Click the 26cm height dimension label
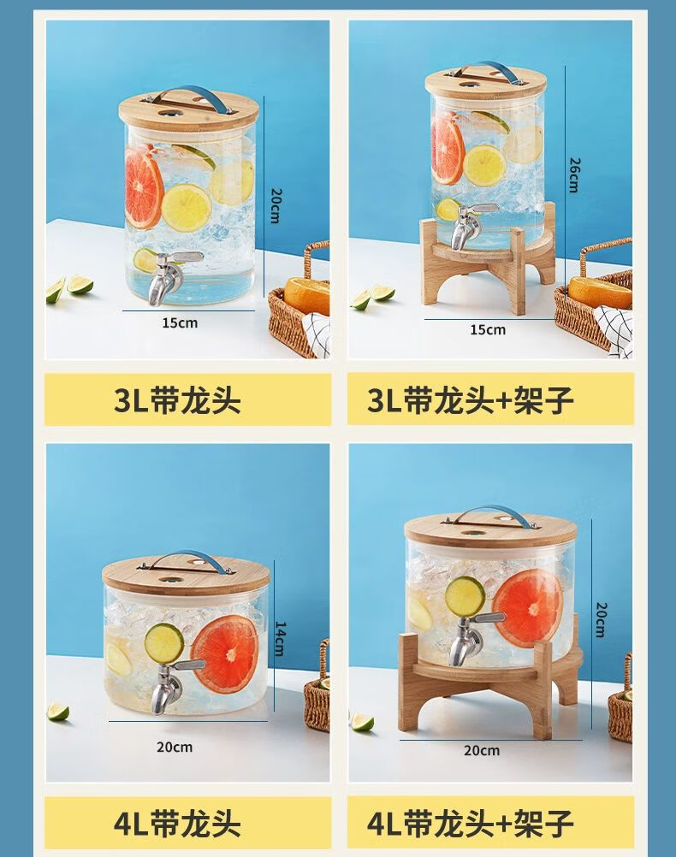573,174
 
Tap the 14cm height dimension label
280,638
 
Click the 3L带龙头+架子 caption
471,400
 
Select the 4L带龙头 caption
177,823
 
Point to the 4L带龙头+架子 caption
471,823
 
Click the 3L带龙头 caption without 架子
177,400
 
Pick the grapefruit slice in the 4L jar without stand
225,654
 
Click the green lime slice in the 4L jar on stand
465,595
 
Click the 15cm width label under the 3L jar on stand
487,329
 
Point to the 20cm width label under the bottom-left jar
175,747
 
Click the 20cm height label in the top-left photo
276,206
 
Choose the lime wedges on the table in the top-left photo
69,288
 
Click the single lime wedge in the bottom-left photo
58,711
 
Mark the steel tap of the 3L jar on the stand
471,227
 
